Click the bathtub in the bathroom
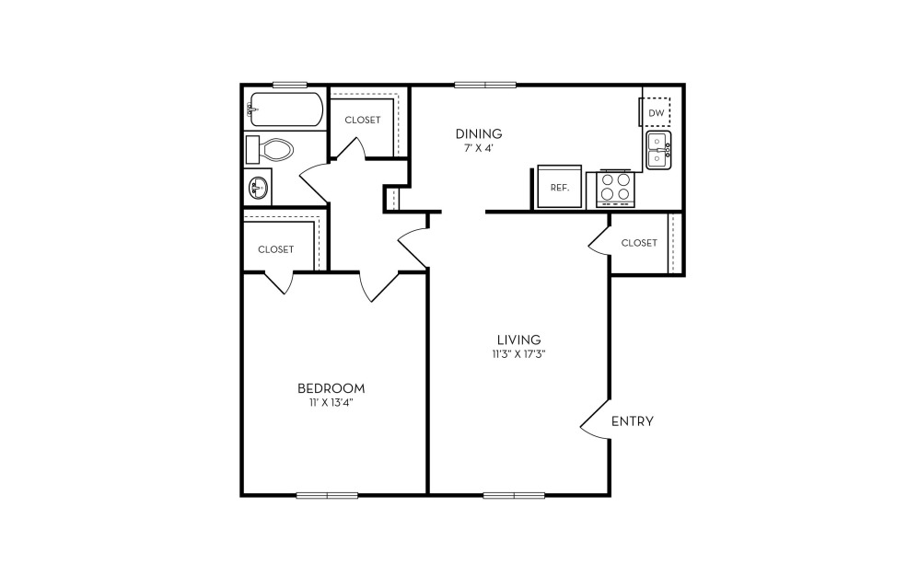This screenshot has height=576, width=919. tap(286, 109)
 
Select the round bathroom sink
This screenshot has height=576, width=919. tap(257, 188)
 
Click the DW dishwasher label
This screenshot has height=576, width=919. tap(657, 113)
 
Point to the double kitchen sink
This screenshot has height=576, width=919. tap(658, 150)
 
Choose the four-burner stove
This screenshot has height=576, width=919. tap(615, 189)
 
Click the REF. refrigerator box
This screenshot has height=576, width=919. tap(560, 187)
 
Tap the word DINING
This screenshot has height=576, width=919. tap(480, 133)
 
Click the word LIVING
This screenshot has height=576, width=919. tap(518, 340)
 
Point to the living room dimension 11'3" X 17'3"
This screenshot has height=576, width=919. tap(518, 354)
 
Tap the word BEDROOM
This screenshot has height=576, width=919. tap(332, 388)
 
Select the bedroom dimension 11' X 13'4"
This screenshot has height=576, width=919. tap(332, 403)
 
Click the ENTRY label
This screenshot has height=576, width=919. tap(633, 420)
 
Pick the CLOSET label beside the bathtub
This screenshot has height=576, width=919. tap(363, 120)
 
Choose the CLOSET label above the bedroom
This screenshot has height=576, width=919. tap(276, 249)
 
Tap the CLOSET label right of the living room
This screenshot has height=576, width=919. tap(639, 243)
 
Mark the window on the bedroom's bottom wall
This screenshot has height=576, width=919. tap(327, 495)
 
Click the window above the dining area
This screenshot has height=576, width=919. tap(485, 85)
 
